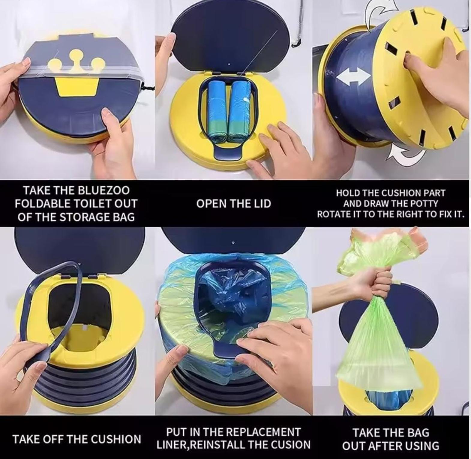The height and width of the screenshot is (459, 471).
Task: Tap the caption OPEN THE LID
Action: pyautogui.click(x=234, y=204)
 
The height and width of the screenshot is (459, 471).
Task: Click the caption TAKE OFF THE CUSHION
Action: pyautogui.click(x=77, y=439)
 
